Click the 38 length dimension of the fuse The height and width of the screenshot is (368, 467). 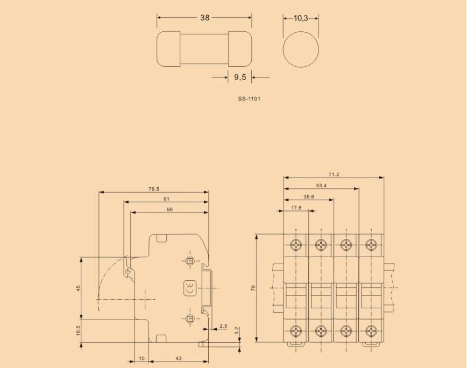(x=204, y=18)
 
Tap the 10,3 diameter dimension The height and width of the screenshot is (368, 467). (x=301, y=18)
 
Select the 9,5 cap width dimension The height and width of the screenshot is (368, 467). (x=240, y=77)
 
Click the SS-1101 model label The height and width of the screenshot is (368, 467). (x=249, y=98)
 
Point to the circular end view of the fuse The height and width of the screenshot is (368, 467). (x=301, y=49)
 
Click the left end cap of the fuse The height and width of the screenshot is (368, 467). (x=168, y=49)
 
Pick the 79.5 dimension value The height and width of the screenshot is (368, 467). (x=154, y=189)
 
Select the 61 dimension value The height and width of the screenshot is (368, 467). (x=166, y=199)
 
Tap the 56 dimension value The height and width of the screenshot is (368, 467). (x=170, y=209)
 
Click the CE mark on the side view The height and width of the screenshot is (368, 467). (x=190, y=288)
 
